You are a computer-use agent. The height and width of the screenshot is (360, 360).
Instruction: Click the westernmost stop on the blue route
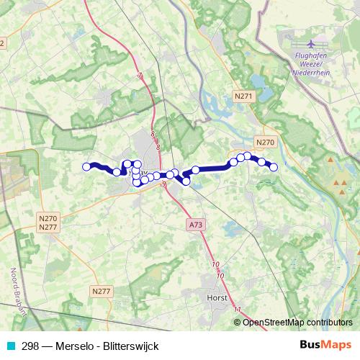coord(87,167)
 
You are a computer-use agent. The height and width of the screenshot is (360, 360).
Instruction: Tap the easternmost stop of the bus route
coord(274,168)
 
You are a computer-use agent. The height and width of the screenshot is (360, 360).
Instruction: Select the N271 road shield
coord(244,95)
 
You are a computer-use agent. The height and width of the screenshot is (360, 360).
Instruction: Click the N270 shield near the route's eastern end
coord(265,143)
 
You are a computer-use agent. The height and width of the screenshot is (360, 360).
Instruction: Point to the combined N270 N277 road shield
coord(48,222)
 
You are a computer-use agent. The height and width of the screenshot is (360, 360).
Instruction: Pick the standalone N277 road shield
coord(101,290)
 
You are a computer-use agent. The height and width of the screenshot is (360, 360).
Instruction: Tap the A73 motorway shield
coord(196,225)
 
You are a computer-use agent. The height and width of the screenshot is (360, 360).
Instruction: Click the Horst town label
coord(216,297)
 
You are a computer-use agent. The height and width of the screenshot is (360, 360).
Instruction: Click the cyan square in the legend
coord(10,346)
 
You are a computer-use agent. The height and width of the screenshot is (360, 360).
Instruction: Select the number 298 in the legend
coord(30,346)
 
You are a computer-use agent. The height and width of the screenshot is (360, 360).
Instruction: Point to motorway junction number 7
coord(140,76)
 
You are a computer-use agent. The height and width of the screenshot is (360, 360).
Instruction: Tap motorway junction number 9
coord(164,185)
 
